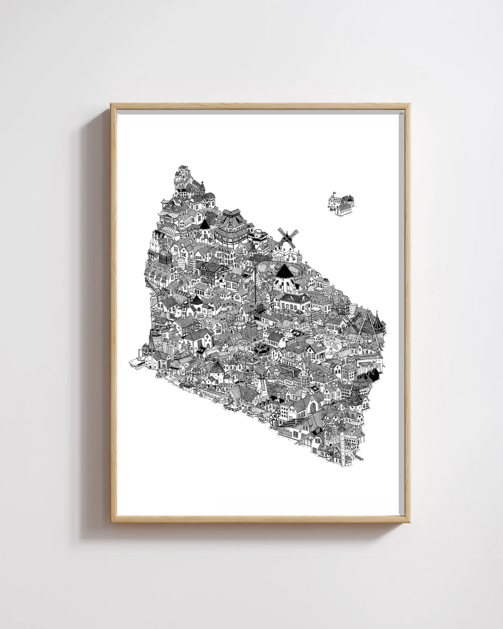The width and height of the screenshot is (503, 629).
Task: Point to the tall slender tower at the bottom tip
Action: [x=341, y=444]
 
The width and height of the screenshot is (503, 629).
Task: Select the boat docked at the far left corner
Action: [x=135, y=362]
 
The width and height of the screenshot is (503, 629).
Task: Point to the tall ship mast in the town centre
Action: [x=256, y=285]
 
